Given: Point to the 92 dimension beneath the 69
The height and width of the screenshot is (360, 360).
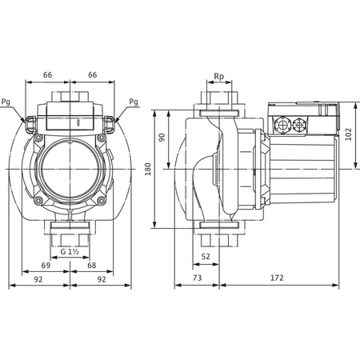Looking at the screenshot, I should (37, 280).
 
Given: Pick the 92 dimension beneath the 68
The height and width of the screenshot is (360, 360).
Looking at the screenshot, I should (102, 280).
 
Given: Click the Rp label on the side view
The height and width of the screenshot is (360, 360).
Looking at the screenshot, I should (218, 78).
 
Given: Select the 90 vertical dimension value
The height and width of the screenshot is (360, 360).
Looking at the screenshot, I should (161, 138).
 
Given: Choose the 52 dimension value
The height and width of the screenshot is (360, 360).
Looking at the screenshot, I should (206, 256).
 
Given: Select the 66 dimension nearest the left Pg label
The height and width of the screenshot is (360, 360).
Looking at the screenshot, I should (46, 74).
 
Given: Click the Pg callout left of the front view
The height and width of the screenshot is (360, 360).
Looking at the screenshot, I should (8, 102).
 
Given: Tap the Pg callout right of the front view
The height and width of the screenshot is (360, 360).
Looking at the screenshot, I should (133, 102).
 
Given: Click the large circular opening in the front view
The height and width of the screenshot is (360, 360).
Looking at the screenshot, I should (70, 164).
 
